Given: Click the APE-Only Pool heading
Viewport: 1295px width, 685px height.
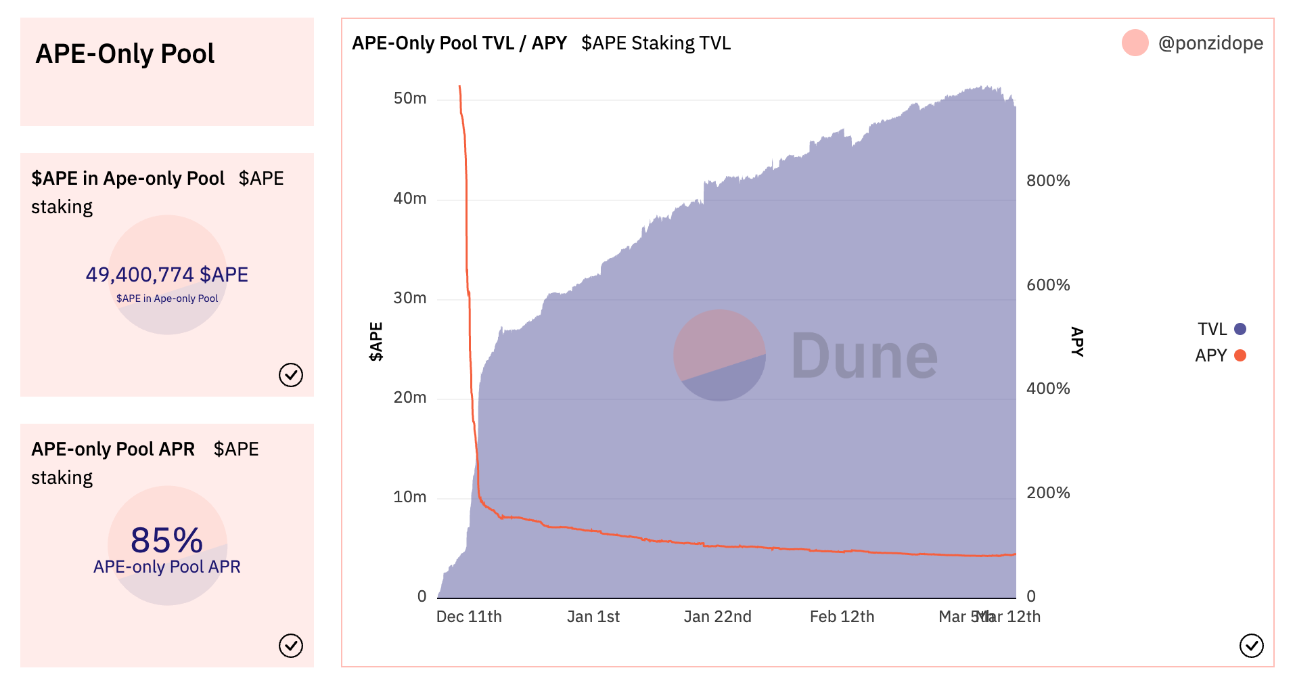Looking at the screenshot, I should (124, 54).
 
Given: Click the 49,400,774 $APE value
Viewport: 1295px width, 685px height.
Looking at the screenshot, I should (166, 275).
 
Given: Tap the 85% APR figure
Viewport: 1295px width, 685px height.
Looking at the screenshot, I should (166, 540).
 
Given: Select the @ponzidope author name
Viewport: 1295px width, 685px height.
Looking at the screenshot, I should (1210, 43).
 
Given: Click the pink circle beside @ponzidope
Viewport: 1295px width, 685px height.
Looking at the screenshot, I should (1135, 43).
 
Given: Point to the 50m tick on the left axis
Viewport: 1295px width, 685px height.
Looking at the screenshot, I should (410, 99).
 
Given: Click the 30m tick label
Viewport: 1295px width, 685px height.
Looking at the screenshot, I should (410, 299).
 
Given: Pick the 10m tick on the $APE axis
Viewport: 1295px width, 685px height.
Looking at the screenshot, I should (410, 498).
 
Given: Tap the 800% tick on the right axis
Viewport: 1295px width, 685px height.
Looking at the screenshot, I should (1048, 181).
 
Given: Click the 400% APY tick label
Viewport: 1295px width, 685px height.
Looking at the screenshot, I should (1048, 389).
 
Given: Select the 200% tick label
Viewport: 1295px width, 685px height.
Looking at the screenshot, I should (1048, 493).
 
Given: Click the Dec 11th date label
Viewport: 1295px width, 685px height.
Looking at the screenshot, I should (469, 617).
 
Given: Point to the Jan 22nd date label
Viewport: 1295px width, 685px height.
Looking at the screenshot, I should (717, 617).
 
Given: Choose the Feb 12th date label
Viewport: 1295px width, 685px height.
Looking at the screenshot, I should (842, 617).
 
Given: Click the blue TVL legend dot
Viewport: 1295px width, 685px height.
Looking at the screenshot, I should (1240, 329).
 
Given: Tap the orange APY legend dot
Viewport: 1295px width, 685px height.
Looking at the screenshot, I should (1240, 355).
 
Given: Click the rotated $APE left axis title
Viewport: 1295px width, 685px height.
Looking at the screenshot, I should (376, 342).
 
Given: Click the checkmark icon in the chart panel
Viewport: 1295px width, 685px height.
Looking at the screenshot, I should (1251, 646).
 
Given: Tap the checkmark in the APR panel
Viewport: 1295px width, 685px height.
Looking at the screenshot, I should (291, 646).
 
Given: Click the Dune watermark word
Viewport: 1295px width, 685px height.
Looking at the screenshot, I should (864, 356).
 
